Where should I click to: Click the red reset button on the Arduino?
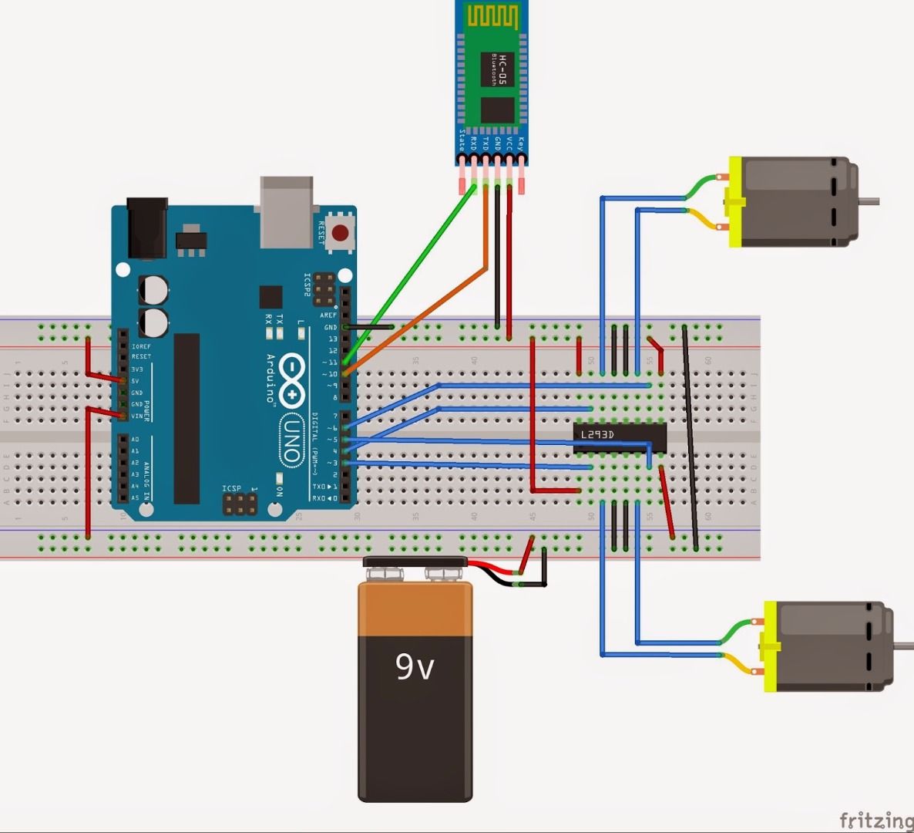pos(339,231)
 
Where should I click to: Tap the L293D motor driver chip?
pos(620,435)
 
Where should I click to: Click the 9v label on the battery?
pos(415,666)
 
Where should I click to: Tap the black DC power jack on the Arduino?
pos(146,228)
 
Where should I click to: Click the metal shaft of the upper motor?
pos(868,202)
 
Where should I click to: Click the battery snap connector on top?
pos(415,567)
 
